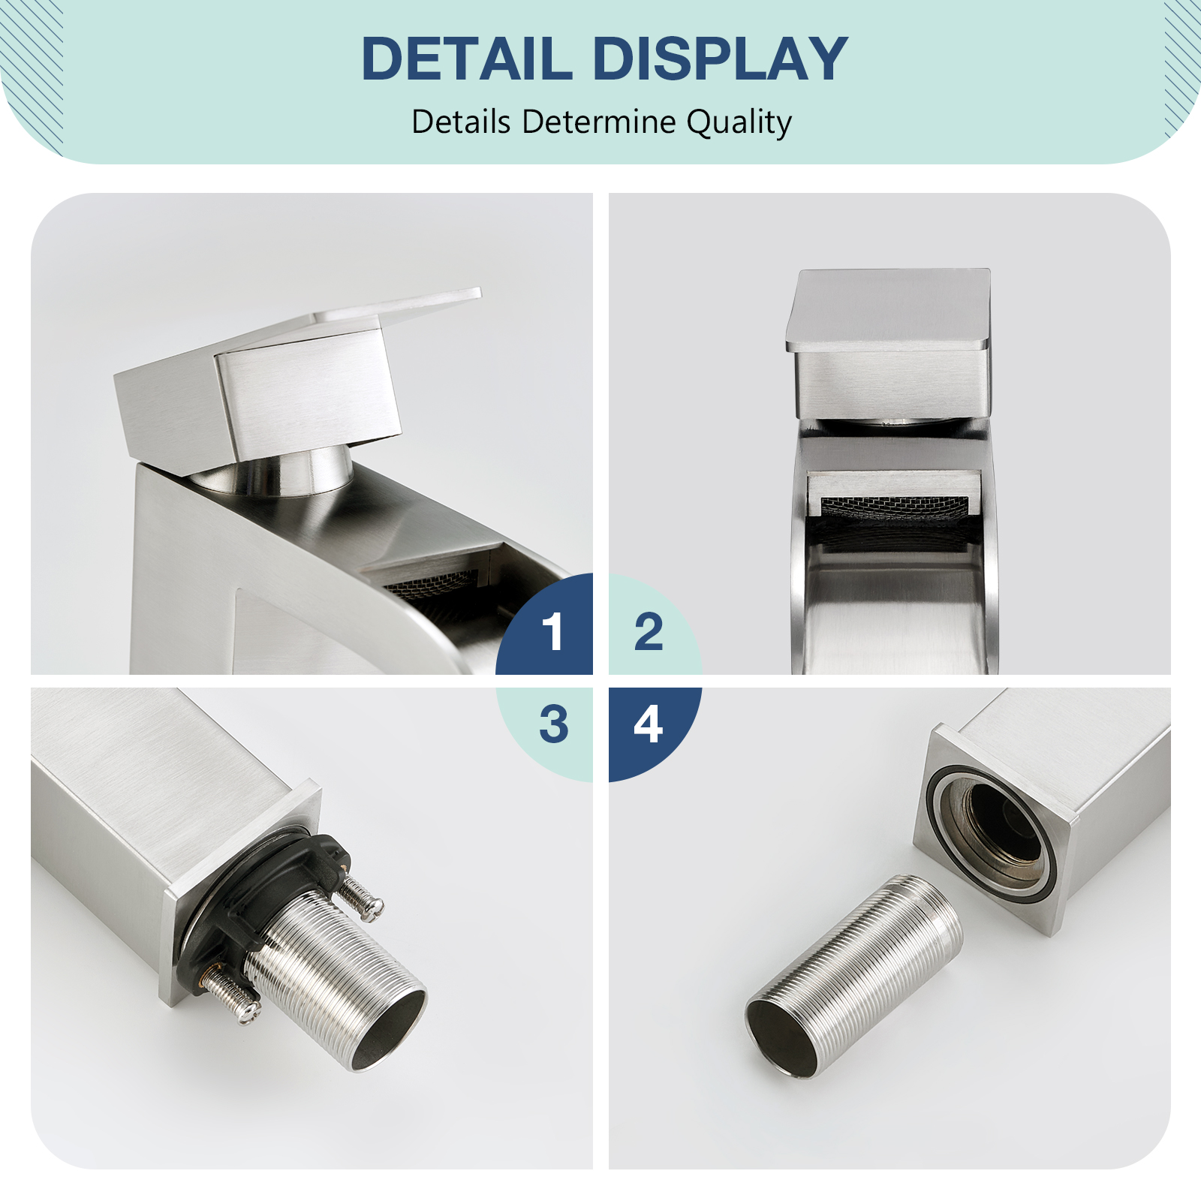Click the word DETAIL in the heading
[466, 59]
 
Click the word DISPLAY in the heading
[721, 59]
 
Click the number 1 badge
[553, 631]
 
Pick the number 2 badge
[649, 631]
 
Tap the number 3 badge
[553, 725]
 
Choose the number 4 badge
[649, 725]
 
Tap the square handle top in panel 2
[889, 309]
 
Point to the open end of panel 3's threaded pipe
[389, 1031]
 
